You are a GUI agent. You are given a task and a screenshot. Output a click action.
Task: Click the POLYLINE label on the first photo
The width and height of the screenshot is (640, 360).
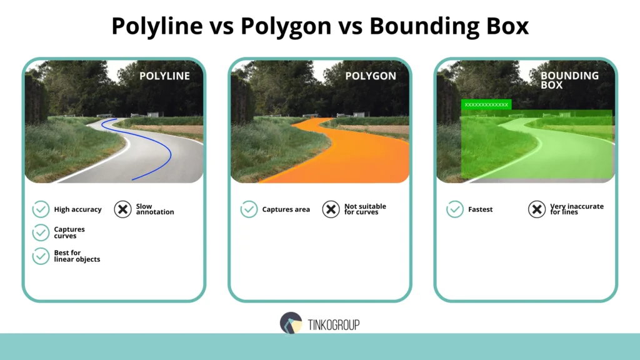pos(164,76)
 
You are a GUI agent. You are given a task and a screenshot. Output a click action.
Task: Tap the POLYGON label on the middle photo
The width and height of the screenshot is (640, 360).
pos(371,76)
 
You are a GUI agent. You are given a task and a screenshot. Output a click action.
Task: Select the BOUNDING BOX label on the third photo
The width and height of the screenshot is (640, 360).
pos(569,80)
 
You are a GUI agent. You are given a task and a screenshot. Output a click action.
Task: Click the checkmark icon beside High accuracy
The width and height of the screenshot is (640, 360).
pos(41,209)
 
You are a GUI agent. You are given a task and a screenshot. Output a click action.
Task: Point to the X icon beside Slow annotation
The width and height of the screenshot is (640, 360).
pos(122,209)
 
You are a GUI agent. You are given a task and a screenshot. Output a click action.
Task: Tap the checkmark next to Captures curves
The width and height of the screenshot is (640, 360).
pos(41,232)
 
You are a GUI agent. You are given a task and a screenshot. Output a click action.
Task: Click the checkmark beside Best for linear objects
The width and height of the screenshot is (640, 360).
pos(41,256)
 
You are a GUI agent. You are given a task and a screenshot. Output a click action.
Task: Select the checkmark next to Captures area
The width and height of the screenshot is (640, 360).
pos(249,209)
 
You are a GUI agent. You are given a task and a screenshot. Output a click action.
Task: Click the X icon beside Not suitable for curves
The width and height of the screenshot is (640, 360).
pos(331,209)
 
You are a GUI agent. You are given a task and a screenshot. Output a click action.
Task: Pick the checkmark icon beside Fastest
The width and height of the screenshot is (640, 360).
pos(455,209)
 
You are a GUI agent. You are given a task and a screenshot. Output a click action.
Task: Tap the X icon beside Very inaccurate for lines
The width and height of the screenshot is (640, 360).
pos(536,209)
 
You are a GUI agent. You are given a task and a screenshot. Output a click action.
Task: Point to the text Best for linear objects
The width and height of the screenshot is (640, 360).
pos(77,256)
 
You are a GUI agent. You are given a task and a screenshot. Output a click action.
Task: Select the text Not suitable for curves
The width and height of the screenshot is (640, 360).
pos(365,209)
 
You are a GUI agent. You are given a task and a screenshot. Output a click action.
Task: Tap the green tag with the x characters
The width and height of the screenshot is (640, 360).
pos(486,104)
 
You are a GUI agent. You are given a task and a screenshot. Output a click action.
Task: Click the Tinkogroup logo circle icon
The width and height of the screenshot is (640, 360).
pos(291,323)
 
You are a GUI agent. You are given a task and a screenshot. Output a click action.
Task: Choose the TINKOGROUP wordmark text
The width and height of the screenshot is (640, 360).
pos(334,324)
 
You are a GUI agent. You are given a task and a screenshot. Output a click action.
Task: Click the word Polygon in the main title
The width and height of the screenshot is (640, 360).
pos(287,26)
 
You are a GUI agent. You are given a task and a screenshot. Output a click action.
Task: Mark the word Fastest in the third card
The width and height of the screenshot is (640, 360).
pos(480,209)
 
